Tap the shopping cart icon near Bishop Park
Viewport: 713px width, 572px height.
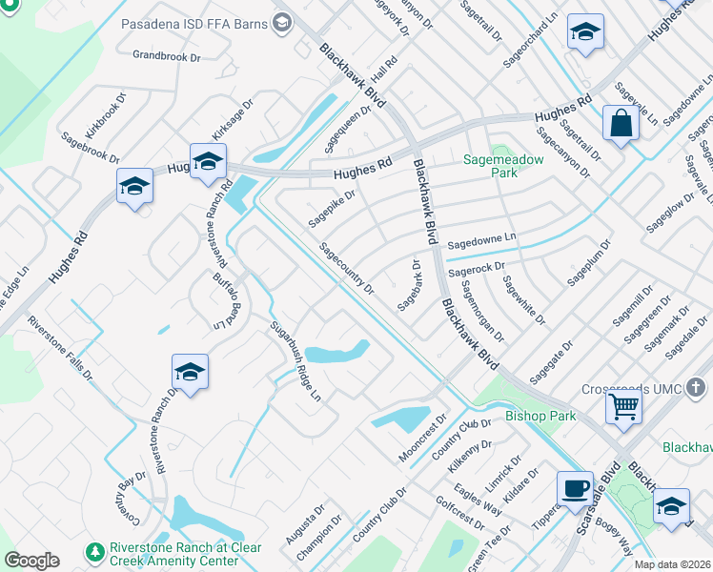pos(624,407)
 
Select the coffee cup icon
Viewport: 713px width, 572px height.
pos(575,488)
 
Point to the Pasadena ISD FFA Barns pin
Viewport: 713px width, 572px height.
pos(282,22)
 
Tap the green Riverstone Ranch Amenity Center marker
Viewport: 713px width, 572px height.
pos(94,552)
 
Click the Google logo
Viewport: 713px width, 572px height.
pos(31,561)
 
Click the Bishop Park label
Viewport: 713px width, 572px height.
pos(540,417)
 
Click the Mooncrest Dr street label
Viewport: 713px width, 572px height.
pos(422,439)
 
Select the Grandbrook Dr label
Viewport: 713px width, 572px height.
pos(167,57)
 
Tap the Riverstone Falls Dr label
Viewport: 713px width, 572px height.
pos(60,348)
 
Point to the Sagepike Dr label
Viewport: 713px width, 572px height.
pos(331,209)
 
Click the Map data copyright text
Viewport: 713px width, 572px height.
pos(671,564)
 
